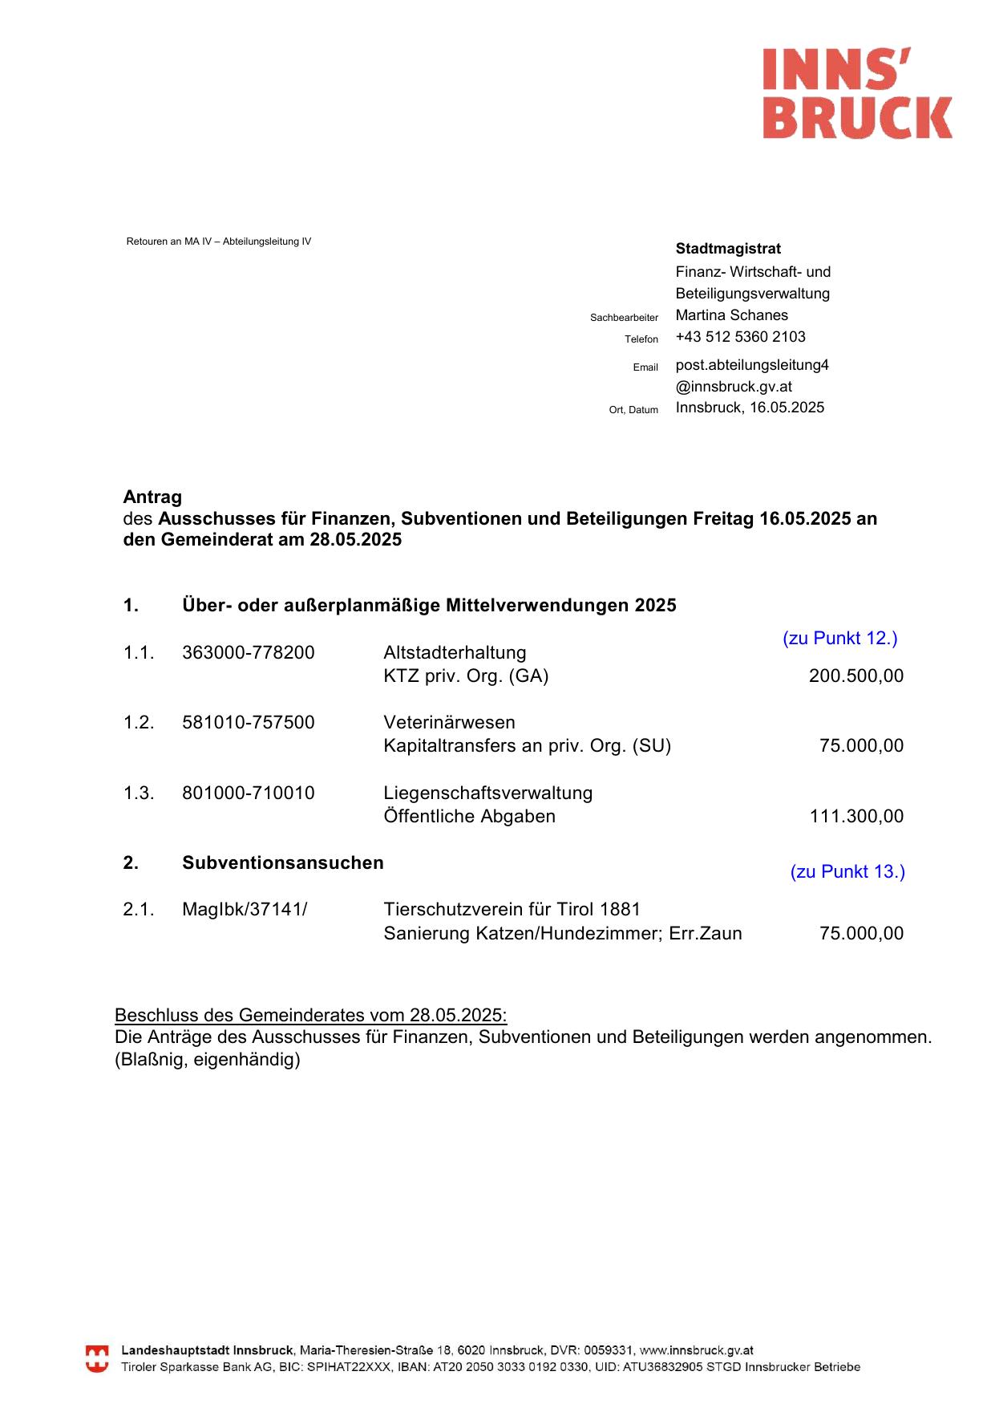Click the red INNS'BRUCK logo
tap(856, 93)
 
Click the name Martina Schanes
tap(731, 315)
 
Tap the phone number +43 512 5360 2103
tap(740, 337)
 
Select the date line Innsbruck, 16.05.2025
tap(750, 408)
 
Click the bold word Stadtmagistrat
tap(728, 249)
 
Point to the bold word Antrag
tap(152, 497)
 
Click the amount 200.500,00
tap(855, 676)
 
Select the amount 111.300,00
tap(856, 816)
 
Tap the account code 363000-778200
tap(249, 652)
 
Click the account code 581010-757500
tap(249, 722)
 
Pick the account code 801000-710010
tap(249, 793)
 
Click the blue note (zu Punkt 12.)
tap(839, 638)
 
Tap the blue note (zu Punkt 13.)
tap(847, 871)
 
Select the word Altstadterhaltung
tap(455, 652)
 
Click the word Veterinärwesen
tap(449, 722)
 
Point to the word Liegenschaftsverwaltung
tap(487, 793)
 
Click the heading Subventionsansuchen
tap(282, 862)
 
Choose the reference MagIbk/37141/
tap(245, 909)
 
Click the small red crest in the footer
tap(97, 1359)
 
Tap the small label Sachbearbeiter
tap(624, 318)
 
